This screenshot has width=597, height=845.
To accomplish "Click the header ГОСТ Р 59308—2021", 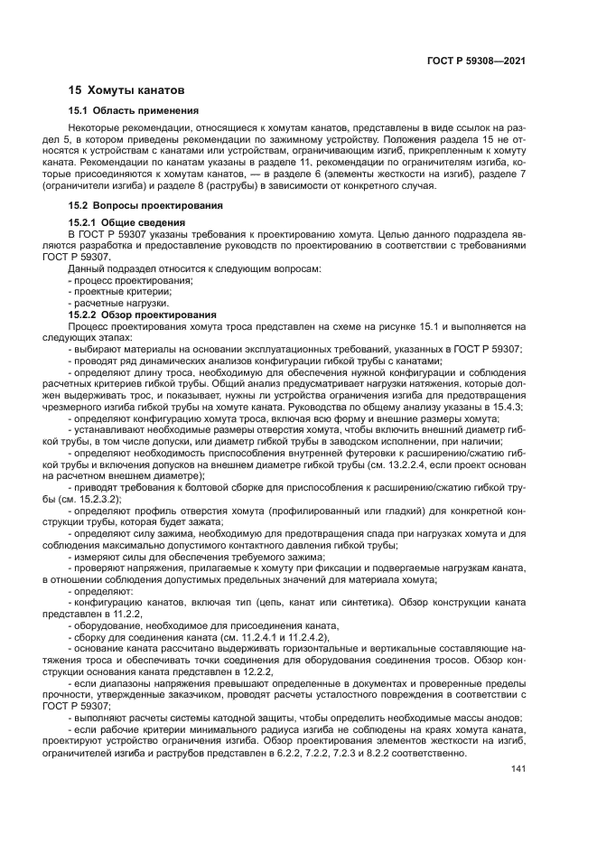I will (475, 61).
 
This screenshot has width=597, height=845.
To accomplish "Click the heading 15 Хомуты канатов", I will (126, 91).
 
